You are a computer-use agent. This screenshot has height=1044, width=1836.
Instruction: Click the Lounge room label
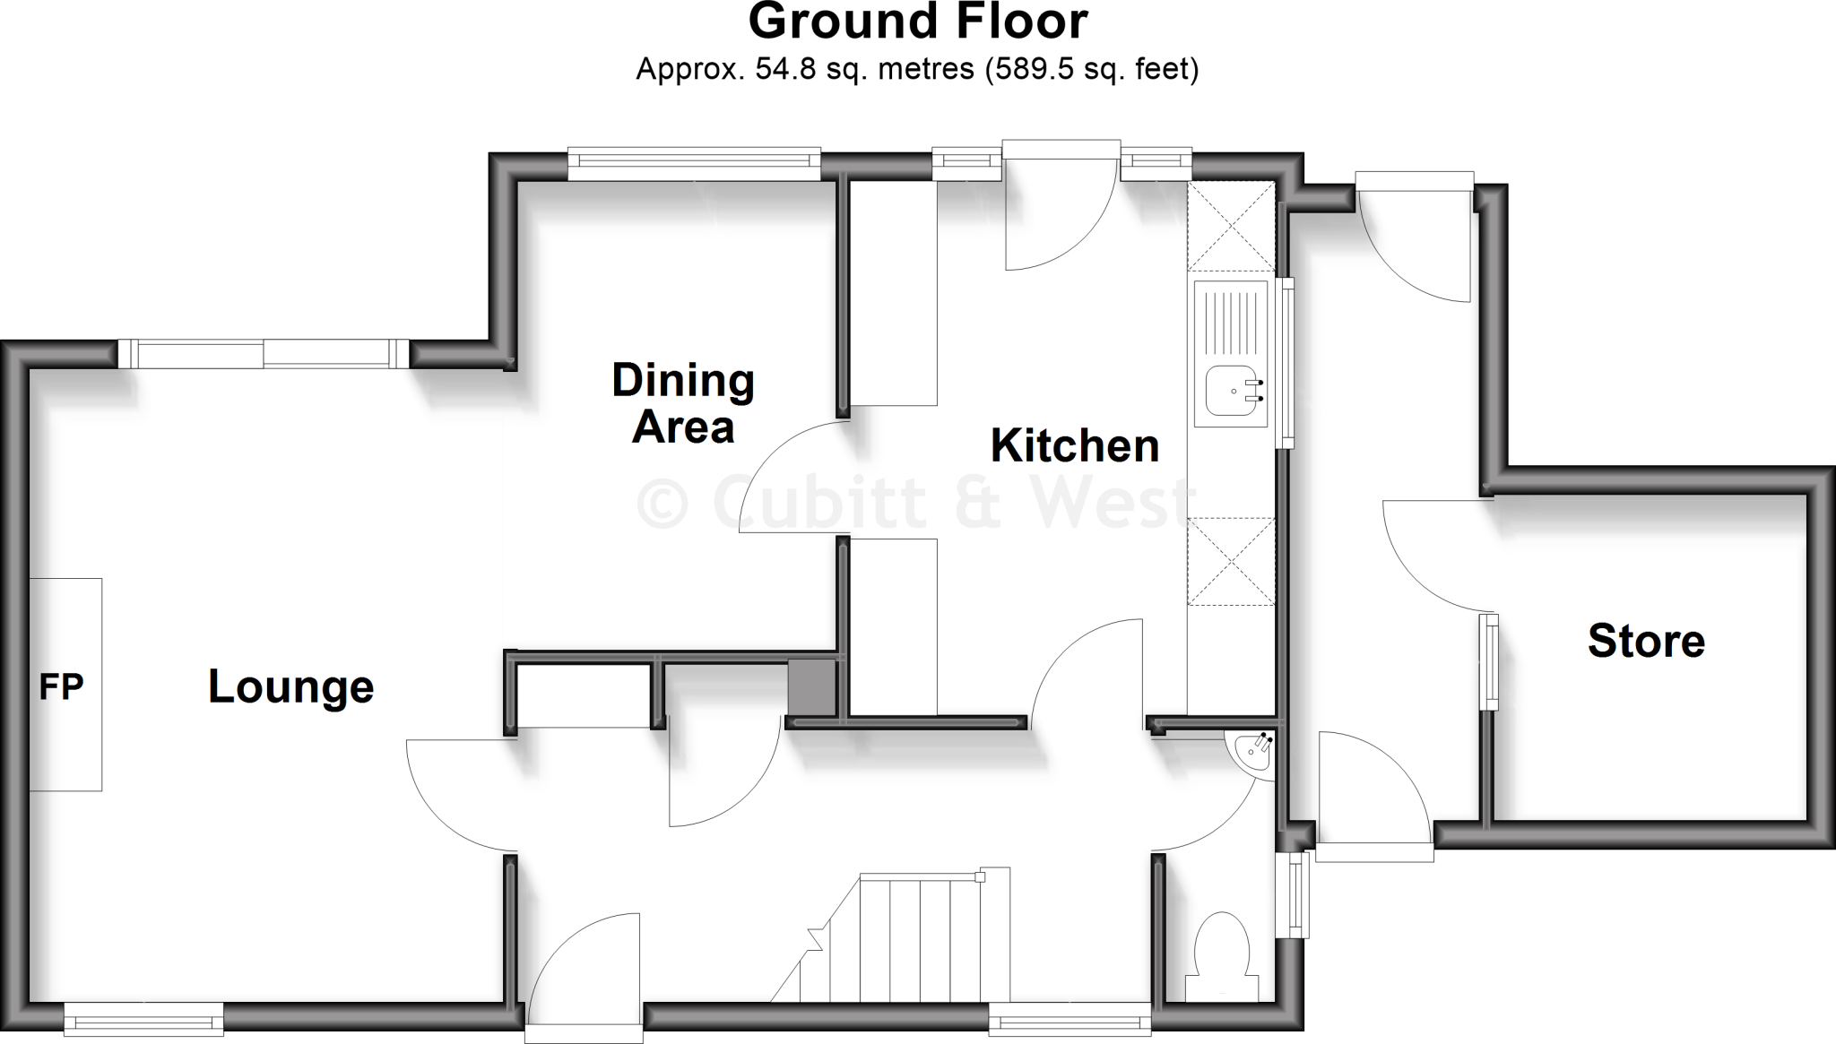290,687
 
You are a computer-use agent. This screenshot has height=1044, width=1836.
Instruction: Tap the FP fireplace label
61,687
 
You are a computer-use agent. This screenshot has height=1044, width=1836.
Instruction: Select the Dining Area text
683,403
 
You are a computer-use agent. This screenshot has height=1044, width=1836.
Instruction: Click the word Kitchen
1074,446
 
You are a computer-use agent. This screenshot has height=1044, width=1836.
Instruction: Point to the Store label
1646,642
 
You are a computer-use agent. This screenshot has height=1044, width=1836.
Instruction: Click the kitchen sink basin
1232,392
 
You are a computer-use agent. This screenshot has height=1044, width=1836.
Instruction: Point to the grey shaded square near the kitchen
811,687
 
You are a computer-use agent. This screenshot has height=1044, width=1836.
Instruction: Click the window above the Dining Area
694,162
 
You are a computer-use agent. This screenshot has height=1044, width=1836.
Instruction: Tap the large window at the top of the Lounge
264,354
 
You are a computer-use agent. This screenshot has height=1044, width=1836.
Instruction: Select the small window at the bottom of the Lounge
143,1019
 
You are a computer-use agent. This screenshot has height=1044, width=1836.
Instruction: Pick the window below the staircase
1069,1020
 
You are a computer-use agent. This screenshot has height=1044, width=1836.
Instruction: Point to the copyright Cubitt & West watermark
914,502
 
